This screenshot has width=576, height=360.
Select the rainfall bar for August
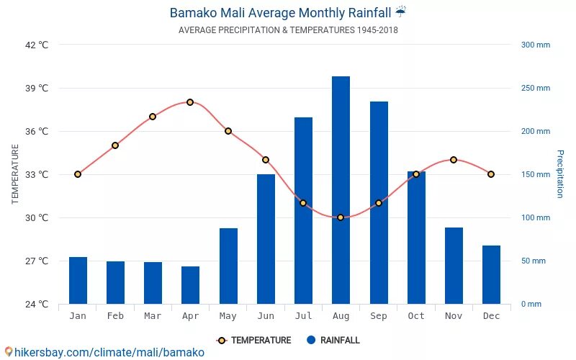pos(341,190)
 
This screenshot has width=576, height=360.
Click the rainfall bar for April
pos(190,285)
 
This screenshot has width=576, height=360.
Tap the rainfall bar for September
pos(379,202)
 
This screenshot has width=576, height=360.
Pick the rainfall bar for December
pos(491,274)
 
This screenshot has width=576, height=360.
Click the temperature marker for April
pos(190,102)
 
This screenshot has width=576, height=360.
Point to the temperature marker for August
pos(341,217)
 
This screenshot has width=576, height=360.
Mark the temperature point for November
pos(454,160)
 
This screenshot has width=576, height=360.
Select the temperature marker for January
pos(78,174)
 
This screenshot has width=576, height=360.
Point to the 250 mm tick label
pos(536,88)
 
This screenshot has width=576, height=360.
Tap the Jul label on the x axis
pos(303,316)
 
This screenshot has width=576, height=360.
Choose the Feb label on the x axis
pos(115,316)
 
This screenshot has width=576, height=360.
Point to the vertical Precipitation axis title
pos(559,174)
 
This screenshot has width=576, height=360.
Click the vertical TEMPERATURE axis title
pos(15,174)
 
